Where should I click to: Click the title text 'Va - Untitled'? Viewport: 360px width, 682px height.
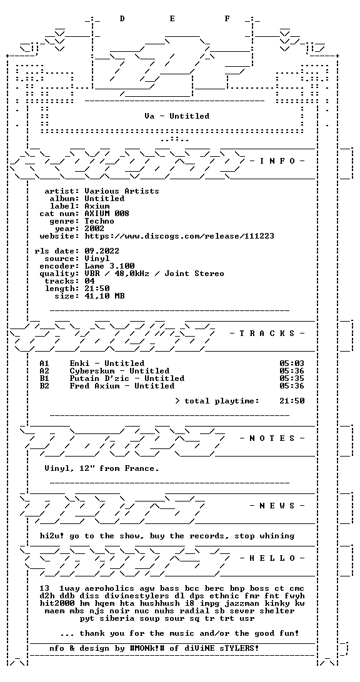pos(177,116)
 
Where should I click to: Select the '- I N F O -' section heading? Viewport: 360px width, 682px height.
pos(277,161)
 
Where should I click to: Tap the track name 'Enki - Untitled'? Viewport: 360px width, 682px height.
pos(107,363)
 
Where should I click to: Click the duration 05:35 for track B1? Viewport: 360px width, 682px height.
pos(292,378)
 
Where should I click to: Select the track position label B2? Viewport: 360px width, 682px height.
pos(44,386)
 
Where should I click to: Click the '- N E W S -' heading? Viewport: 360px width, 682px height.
pos(277,505)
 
